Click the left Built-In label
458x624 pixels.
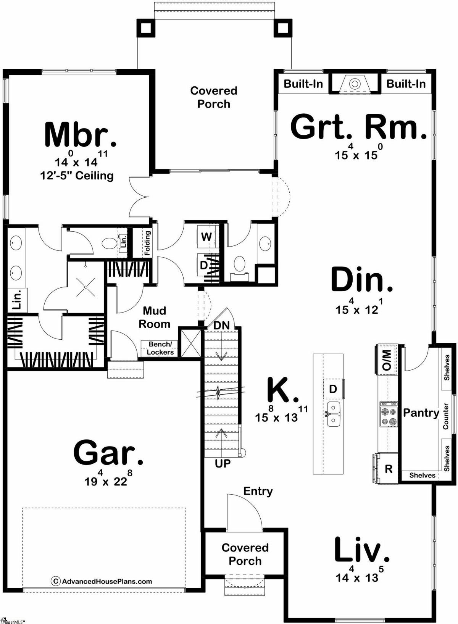pyautogui.click(x=303, y=84)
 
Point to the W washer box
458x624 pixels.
pyautogui.click(x=206, y=237)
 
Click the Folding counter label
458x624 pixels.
pyautogui.click(x=147, y=243)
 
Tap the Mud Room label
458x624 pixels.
pyautogui.click(x=154, y=317)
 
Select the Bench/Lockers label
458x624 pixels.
pyautogui.click(x=160, y=348)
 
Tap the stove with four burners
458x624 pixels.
pyautogui.click(x=389, y=414)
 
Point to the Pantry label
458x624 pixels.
pyautogui.click(x=421, y=413)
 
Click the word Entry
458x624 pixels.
pyautogui.click(x=258, y=492)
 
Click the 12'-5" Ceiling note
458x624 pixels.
pyautogui.click(x=77, y=176)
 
